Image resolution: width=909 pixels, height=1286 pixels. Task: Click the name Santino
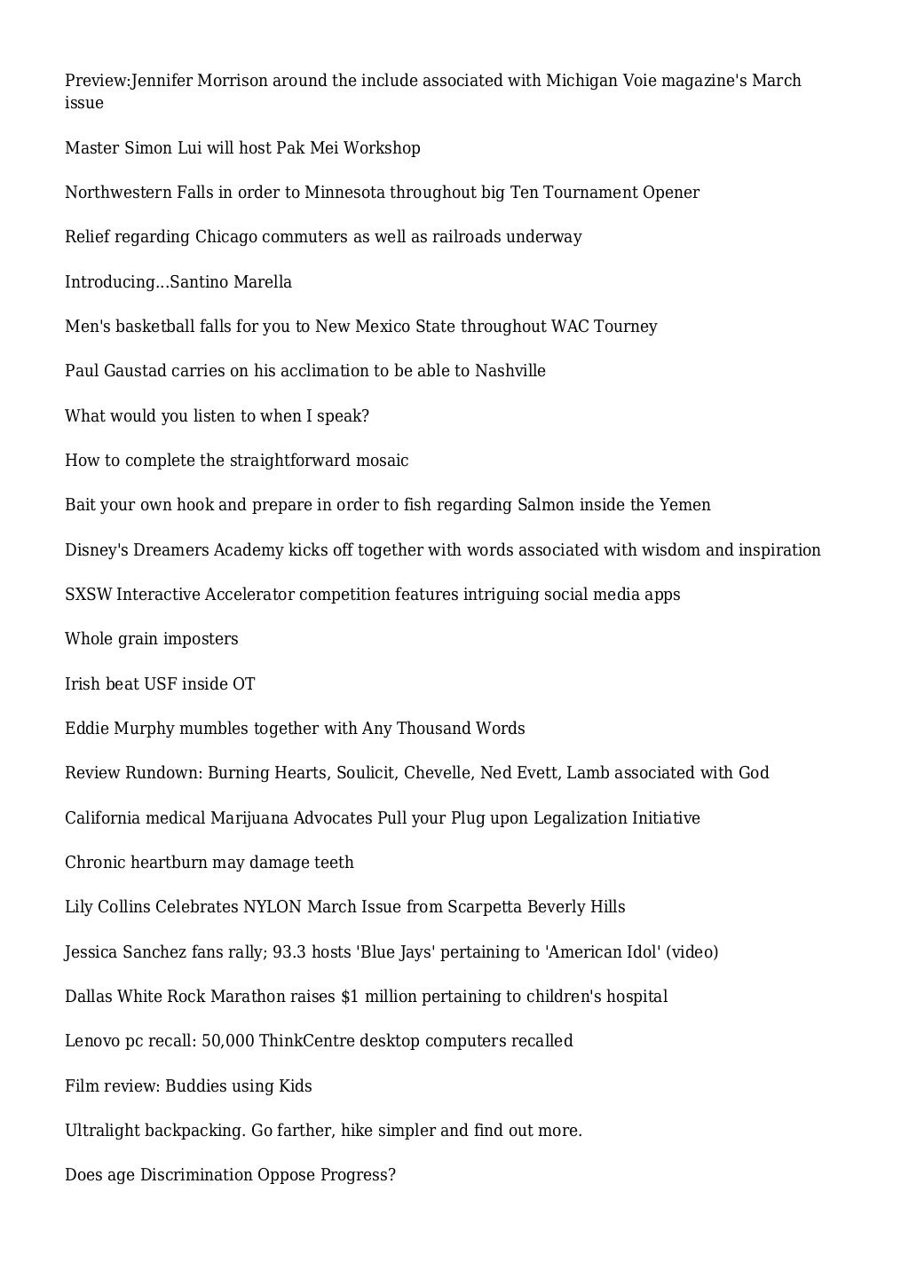[x=198, y=282]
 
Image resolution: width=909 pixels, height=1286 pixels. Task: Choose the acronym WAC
[x=570, y=327]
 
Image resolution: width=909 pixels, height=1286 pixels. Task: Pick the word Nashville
[x=510, y=371]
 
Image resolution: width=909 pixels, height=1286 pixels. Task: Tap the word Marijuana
[x=249, y=818]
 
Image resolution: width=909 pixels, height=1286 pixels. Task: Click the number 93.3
[x=289, y=952]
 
